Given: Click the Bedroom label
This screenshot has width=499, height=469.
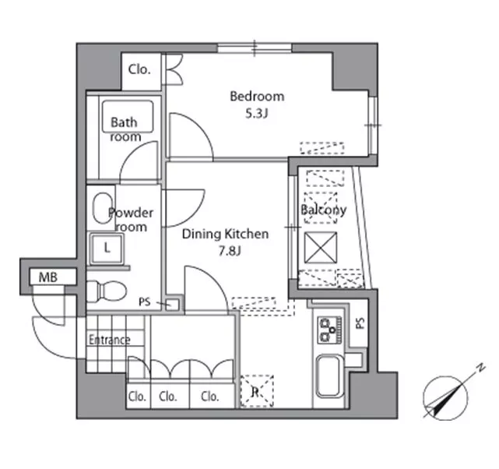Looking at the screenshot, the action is click(x=257, y=96).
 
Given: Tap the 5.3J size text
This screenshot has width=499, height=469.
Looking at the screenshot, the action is click(x=256, y=113).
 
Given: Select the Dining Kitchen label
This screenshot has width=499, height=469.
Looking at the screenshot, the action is click(x=225, y=234).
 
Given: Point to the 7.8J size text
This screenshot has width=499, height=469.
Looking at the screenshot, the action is click(x=230, y=251).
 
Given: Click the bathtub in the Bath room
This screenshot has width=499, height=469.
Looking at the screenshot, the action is click(x=128, y=116).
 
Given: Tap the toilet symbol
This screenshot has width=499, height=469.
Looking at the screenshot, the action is click(x=107, y=290).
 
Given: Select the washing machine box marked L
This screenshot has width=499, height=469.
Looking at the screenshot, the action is click(x=107, y=249).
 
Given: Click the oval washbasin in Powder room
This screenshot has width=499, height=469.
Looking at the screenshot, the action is click(x=103, y=209).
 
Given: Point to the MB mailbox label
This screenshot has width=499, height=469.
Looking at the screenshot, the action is click(x=48, y=277).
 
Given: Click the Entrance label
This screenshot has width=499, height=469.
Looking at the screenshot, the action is click(x=110, y=340).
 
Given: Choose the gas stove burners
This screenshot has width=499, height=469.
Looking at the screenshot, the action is click(x=330, y=330).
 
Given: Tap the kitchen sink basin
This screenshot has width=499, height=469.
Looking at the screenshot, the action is click(x=329, y=376).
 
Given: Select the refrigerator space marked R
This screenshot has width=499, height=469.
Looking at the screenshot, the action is click(x=256, y=391).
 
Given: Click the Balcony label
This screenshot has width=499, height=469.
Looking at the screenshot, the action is click(x=323, y=210).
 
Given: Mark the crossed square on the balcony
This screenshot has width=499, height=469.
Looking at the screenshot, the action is click(x=321, y=248).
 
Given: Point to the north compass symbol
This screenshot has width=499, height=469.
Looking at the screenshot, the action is click(x=445, y=398).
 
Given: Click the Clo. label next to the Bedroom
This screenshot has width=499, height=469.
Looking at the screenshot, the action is click(x=139, y=69).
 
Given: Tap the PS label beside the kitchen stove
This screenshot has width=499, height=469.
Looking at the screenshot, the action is click(x=360, y=323).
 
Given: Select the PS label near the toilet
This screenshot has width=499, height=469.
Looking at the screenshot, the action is click(x=145, y=301).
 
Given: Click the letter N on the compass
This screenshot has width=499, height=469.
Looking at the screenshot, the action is click(x=481, y=368).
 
